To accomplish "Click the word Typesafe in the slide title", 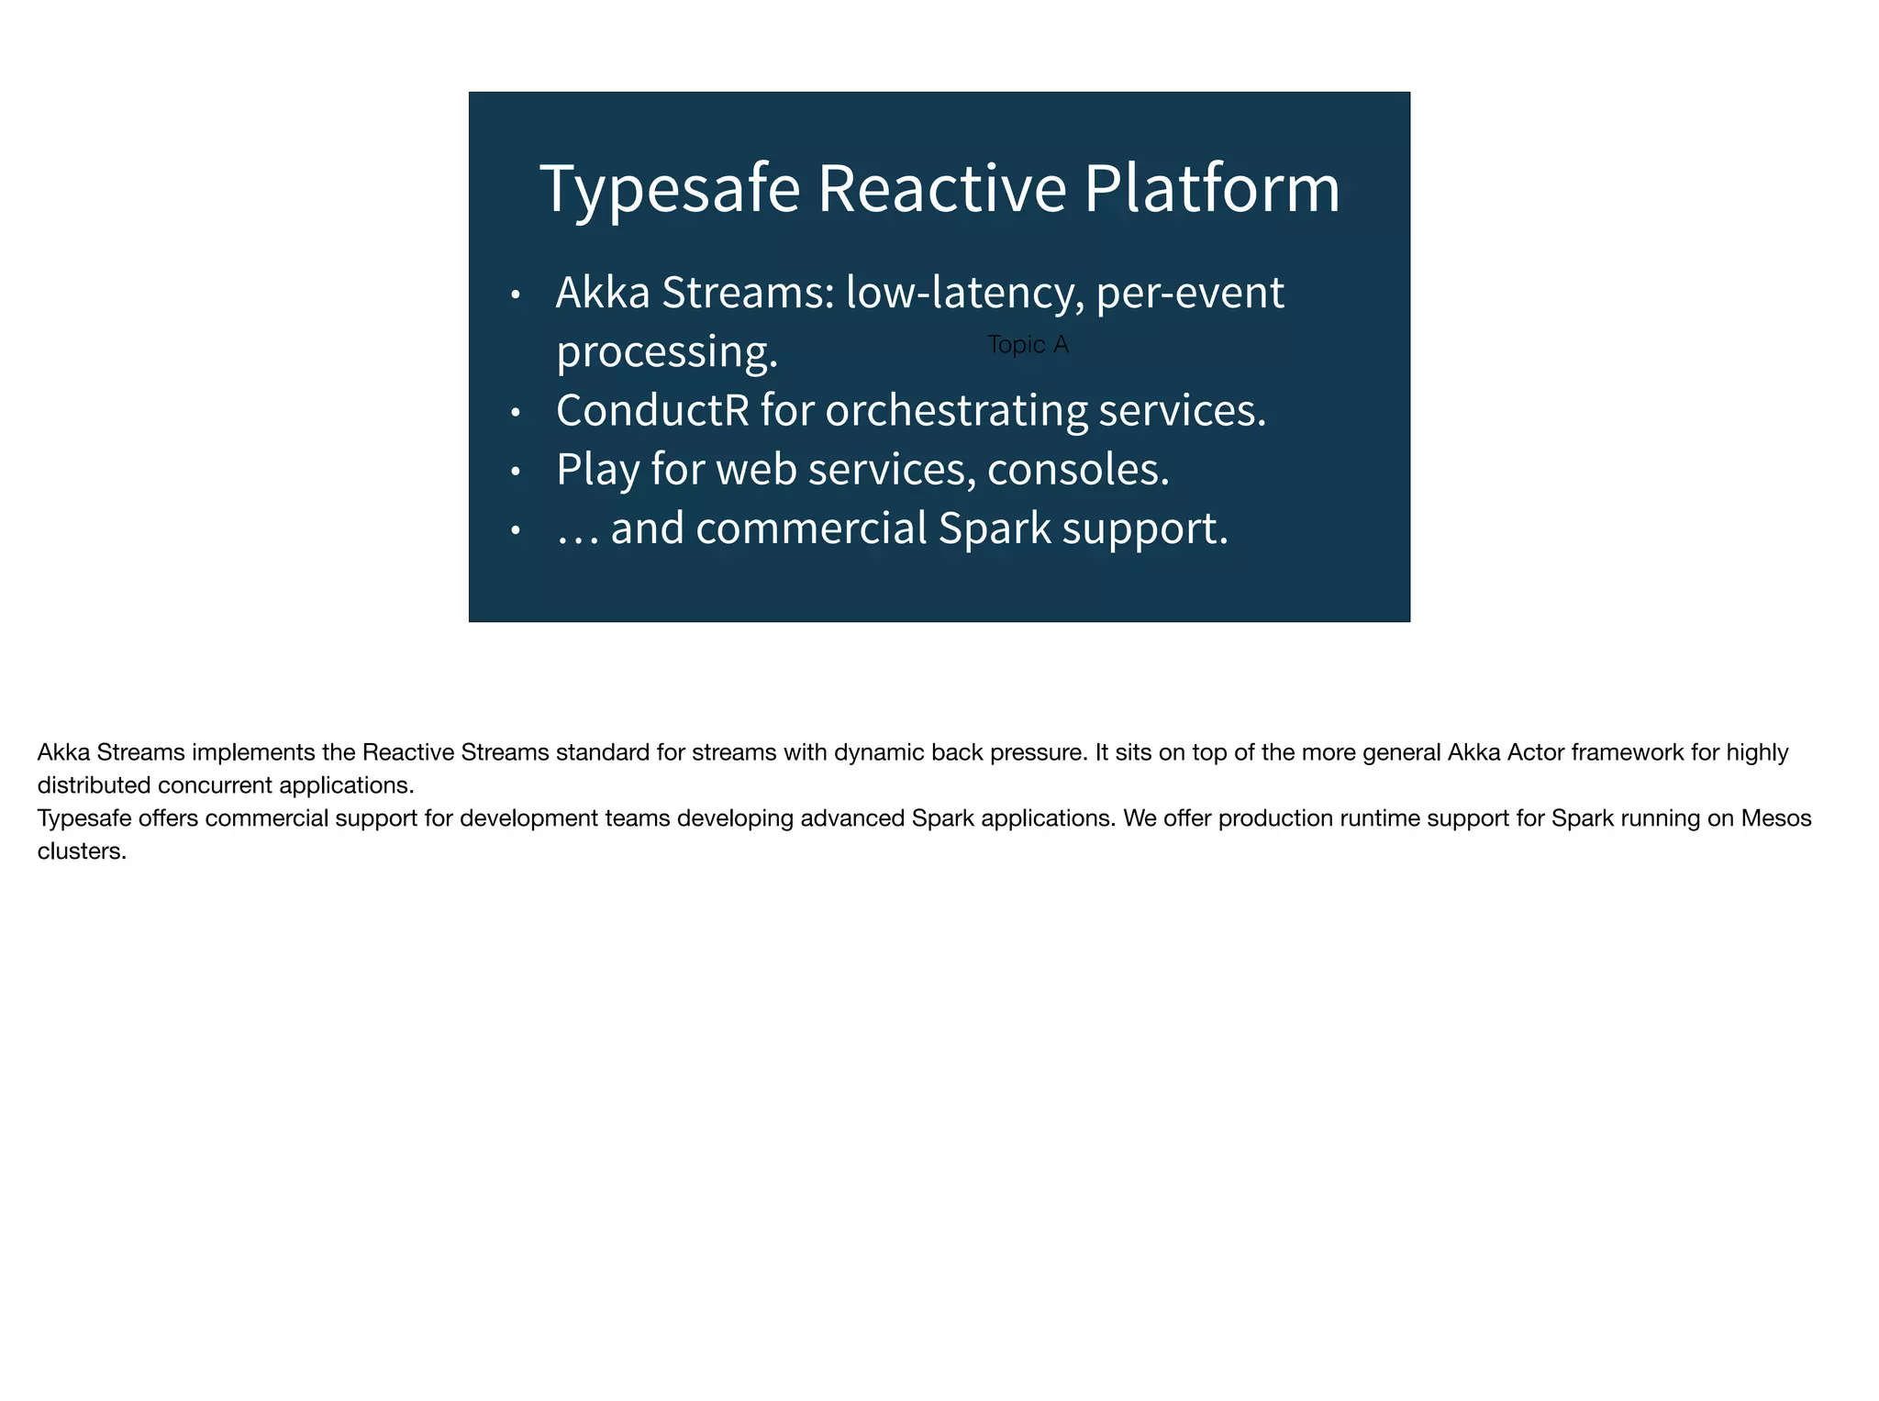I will point(670,189).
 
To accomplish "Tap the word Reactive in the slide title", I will point(941,189).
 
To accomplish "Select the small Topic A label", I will point(1028,345).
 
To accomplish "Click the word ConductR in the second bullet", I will point(652,409).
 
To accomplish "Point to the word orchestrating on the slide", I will point(956,411).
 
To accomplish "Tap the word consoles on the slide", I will point(1078,470).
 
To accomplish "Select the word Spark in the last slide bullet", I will point(995,529).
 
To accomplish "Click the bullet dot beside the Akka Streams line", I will point(516,295).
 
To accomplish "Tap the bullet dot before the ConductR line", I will point(516,414).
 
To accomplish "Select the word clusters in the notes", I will point(81,851).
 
